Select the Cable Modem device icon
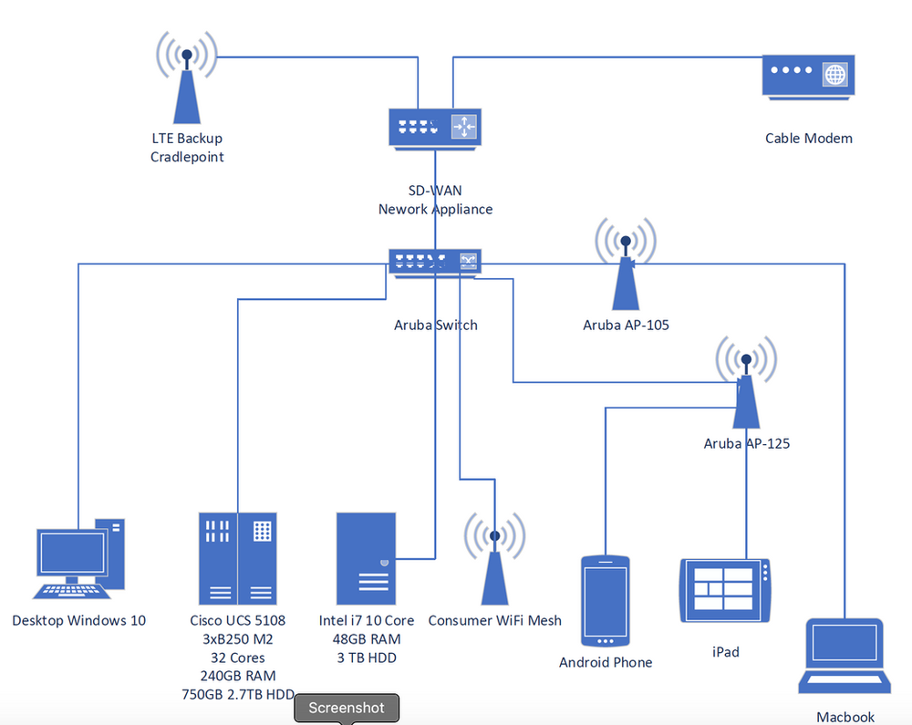pyautogui.click(x=808, y=76)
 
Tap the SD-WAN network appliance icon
pyautogui.click(x=435, y=128)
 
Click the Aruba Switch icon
pyautogui.click(x=435, y=262)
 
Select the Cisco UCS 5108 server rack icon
pyautogui.click(x=237, y=557)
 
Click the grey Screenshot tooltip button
pyautogui.click(x=346, y=708)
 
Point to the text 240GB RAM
pyautogui.click(x=237, y=676)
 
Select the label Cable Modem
pyautogui.click(x=809, y=139)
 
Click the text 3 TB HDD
pyautogui.click(x=366, y=658)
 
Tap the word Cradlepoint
pyautogui.click(x=187, y=157)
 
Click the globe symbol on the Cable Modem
pyautogui.click(x=834, y=74)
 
